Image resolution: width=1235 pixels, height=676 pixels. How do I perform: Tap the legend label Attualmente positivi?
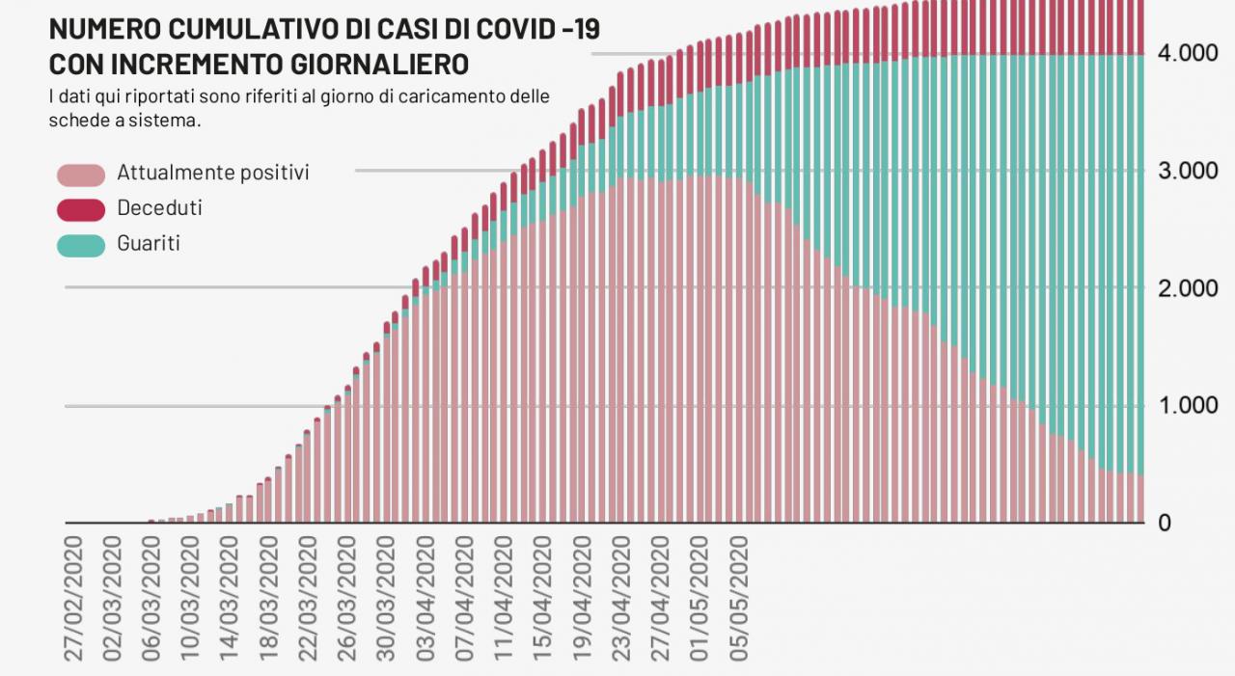(212, 173)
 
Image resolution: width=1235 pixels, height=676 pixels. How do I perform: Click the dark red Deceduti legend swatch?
(81, 209)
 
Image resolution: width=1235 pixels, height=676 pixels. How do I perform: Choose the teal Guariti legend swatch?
(81, 245)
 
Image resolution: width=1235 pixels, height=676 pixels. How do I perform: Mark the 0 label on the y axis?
(1164, 523)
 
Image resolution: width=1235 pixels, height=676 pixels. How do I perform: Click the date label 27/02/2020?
(74, 598)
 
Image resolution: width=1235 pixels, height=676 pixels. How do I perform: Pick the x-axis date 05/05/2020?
(740, 598)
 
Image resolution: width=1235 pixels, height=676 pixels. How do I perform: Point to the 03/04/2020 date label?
(425, 598)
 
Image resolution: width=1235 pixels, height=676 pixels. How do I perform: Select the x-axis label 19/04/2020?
(583, 598)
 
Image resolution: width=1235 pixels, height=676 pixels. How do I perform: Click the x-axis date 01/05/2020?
(700, 598)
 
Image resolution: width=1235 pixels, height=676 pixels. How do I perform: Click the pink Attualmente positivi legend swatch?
(81, 175)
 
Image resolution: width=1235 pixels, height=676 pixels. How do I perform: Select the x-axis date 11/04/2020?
(505, 598)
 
